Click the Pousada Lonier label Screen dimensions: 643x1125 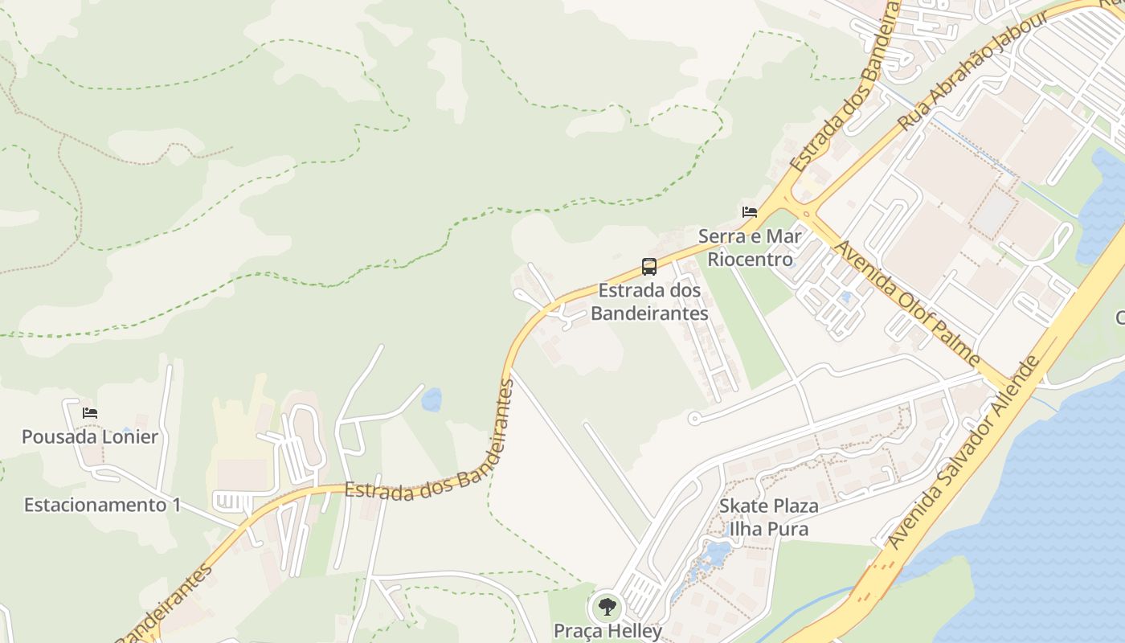[90, 437]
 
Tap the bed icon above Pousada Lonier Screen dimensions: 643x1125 [90, 413]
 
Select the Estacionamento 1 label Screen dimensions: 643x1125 [102, 506]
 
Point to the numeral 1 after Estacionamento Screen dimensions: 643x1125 [175, 506]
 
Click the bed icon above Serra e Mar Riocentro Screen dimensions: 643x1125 [750, 212]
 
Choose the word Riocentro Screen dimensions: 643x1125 [750, 259]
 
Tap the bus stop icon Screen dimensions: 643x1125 [649, 267]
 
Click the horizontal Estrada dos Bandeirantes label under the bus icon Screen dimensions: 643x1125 [649, 301]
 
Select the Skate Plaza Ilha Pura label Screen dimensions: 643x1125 [768, 518]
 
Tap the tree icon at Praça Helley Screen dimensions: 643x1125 [607, 606]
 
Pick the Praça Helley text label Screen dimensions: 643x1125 [607, 631]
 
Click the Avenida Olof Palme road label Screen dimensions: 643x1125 [908, 303]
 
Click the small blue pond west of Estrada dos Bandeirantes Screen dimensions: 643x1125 [432, 399]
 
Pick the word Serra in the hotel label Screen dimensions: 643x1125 [722, 236]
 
